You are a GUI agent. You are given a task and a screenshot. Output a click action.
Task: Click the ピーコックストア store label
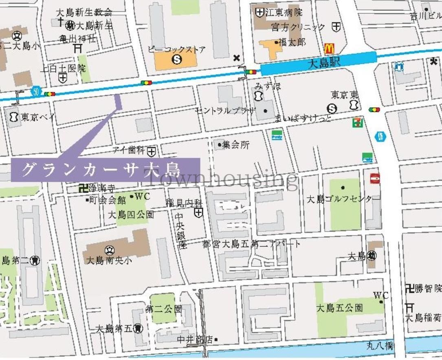tap(176, 50)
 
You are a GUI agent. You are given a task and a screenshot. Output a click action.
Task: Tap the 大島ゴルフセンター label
tap(339, 199)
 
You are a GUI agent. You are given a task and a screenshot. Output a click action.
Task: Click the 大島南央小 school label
tap(109, 261)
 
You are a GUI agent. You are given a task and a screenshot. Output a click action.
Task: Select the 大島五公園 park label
tap(339, 308)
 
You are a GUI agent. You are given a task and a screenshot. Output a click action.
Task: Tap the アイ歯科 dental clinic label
tap(130, 151)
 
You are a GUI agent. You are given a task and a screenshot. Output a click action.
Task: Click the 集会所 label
tap(236, 145)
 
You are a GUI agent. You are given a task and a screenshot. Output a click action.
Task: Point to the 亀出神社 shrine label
tap(78, 39)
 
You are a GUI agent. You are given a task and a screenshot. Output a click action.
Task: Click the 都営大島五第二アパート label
tap(251, 244)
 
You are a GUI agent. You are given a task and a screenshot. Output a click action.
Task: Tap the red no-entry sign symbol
tap(375, 178)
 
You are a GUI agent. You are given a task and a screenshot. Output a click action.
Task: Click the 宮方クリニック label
tap(299, 27)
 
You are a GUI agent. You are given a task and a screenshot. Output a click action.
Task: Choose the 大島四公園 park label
tap(131, 214)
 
